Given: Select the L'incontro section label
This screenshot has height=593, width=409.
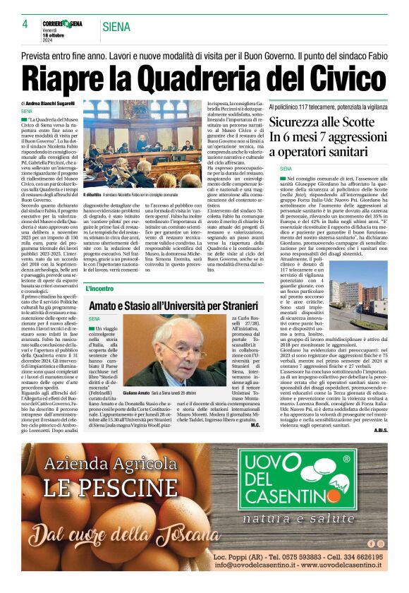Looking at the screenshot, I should (x=99, y=289).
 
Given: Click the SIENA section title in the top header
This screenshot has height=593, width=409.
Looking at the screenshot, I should (x=116, y=27).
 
